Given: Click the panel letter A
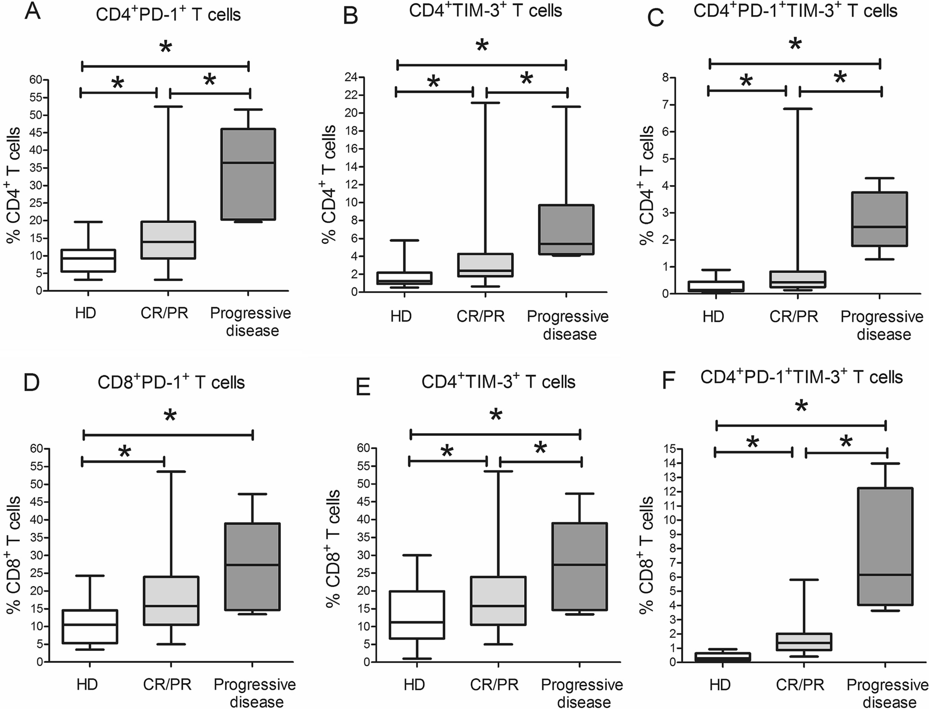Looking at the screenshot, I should pos(33,12).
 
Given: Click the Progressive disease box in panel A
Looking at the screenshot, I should pos(248,174).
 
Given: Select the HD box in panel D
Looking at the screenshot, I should pos(90,627).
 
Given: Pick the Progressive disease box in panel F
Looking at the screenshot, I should pos(885,546).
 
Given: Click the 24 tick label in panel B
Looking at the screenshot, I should pos(350,78).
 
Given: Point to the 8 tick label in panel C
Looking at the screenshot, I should pos(666,78).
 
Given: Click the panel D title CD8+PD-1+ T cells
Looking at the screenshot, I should pos(171,382).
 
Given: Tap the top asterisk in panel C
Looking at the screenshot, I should pos(795,45).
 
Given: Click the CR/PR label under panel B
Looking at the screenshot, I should pos(480,316).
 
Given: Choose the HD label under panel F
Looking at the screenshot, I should pos(720,685).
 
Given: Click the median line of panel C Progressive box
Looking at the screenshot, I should pos(880,227).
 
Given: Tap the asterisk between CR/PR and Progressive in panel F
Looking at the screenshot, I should pos(846,442).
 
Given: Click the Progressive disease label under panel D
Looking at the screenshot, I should pos(255,693).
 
